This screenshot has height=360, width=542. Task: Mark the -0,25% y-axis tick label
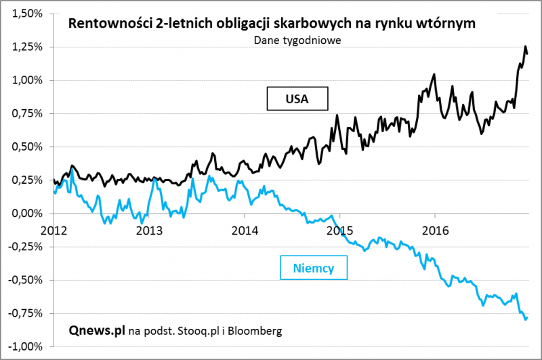(x=24, y=246)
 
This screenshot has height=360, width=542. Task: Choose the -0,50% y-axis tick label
(x=24, y=279)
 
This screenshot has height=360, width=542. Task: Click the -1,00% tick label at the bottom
(x=24, y=346)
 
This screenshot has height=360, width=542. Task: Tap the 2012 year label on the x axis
(x=54, y=229)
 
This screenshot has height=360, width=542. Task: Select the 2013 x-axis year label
(x=148, y=229)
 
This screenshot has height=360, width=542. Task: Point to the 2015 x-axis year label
(x=339, y=229)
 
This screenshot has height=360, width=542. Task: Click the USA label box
(x=297, y=98)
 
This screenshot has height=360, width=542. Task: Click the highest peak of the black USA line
(x=525, y=46)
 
